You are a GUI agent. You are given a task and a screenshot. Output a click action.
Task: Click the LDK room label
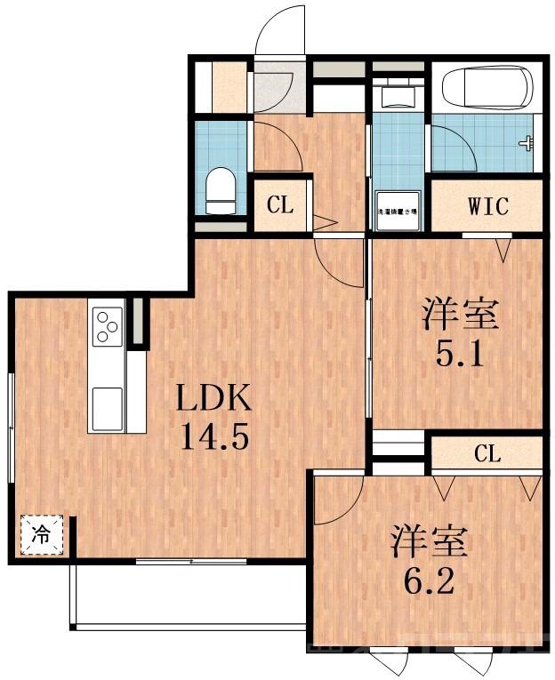click(x=213, y=399)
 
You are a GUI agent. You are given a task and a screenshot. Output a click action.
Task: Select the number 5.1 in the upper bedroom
click(x=459, y=356)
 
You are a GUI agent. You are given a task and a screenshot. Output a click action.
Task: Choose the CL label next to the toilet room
click(x=279, y=206)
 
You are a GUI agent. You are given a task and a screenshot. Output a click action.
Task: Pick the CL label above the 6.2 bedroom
click(x=487, y=455)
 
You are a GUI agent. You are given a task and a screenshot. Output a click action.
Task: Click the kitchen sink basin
click(x=108, y=407)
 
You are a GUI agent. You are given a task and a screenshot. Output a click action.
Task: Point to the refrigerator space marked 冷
click(x=42, y=535)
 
